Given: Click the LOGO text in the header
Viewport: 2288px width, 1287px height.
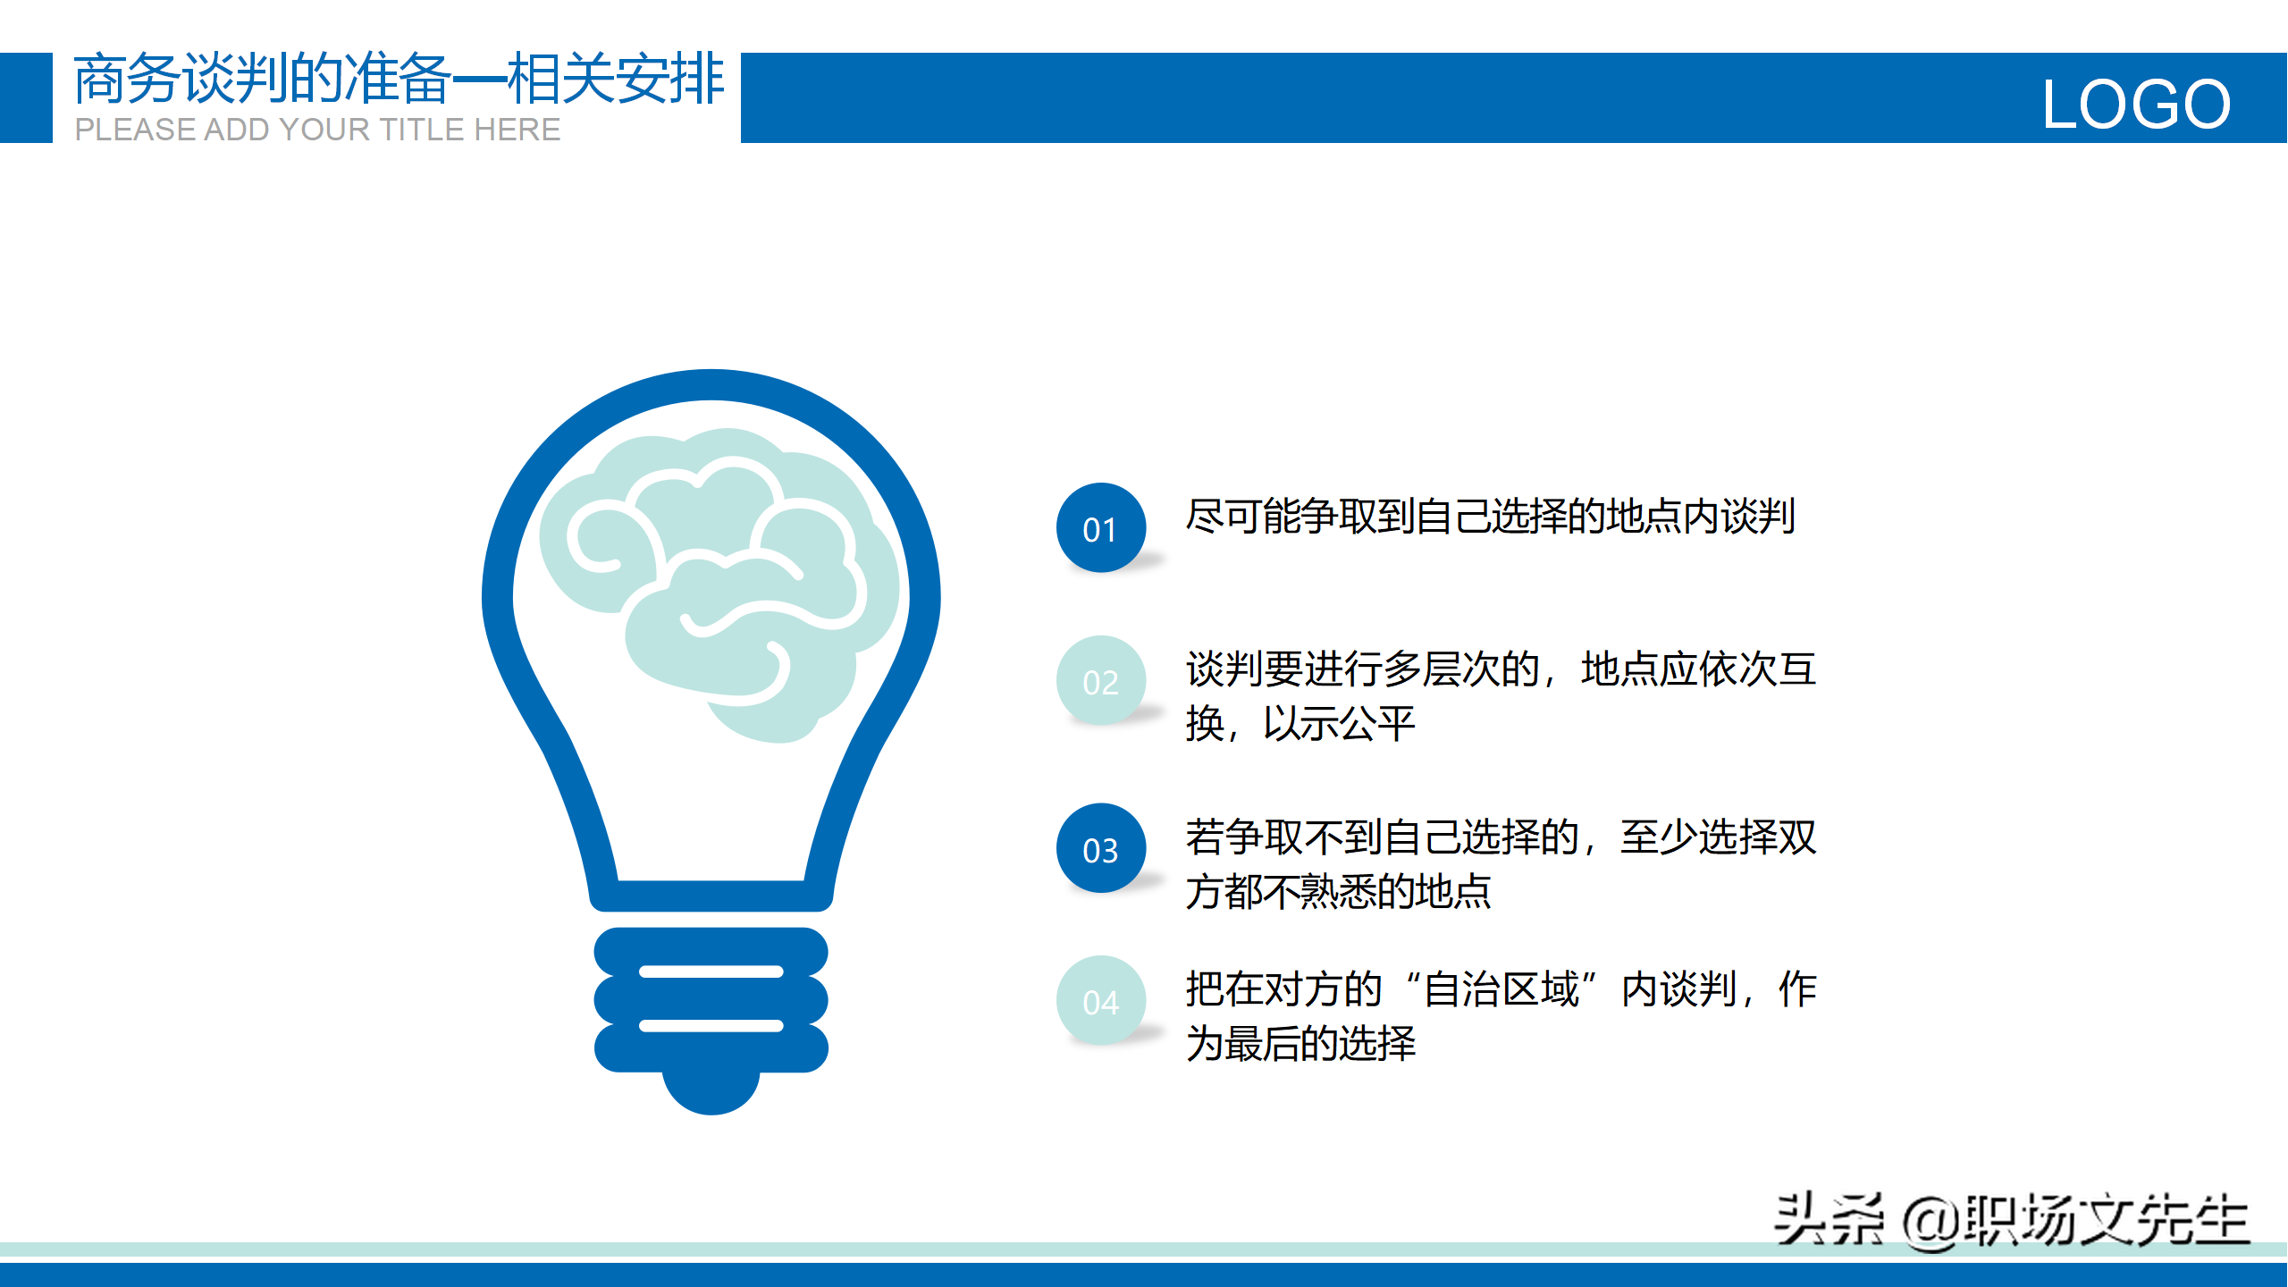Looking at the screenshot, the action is [2136, 104].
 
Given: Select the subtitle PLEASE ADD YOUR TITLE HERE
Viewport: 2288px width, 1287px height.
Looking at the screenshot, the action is [317, 130].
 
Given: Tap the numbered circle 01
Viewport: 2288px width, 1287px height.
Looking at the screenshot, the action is [1101, 528].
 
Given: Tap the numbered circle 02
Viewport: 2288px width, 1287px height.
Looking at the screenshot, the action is [1101, 681].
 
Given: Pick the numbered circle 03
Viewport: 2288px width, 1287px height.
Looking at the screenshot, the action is [1101, 848].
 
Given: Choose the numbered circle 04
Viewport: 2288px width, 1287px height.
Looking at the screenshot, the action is [1101, 1001].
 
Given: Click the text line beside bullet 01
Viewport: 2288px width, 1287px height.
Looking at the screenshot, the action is [1490, 517].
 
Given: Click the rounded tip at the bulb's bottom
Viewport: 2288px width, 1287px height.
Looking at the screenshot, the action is [711, 1092].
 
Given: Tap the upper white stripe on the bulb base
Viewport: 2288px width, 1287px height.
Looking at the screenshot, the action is [711, 972].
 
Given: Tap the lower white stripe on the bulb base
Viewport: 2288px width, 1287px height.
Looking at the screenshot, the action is [711, 1026].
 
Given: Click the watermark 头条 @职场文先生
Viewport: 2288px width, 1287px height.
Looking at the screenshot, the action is [2011, 1220].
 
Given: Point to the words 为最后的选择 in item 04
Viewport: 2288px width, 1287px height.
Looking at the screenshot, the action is [1300, 1044].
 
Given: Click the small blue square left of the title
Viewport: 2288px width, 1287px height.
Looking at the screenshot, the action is [26, 97].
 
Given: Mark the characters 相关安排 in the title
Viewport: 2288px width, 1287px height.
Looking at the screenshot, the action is [616, 79].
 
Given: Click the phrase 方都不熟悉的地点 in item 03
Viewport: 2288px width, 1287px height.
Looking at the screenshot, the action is [1338, 892].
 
